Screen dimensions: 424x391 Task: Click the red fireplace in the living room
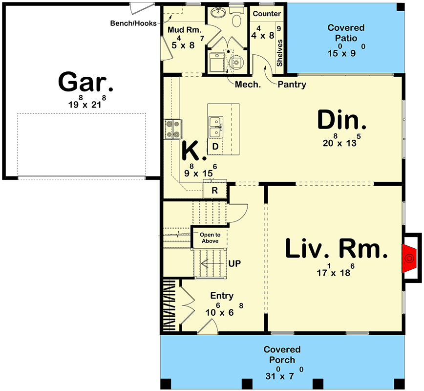tap(408, 258)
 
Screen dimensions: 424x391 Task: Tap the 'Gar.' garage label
tap(85, 82)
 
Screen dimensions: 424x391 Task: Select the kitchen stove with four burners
tap(173, 129)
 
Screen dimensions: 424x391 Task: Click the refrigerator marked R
tap(215, 191)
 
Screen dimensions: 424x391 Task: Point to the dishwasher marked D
tap(215, 147)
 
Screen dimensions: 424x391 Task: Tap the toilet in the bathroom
tap(237, 21)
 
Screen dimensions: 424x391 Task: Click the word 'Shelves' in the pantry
tap(279, 53)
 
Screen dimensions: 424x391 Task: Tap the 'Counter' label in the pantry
tap(267, 14)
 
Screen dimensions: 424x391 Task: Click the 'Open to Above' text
tap(210, 238)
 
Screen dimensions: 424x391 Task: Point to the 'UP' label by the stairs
tap(234, 263)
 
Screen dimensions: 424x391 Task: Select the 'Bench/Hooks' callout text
tap(133, 23)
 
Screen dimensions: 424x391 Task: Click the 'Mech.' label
tap(248, 85)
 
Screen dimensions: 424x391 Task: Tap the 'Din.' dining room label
tap(341, 120)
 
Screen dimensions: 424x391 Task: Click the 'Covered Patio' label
tap(346, 33)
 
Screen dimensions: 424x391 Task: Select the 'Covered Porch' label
tap(282, 354)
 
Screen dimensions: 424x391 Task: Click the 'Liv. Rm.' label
tap(337, 248)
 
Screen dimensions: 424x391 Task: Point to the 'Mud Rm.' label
tap(184, 30)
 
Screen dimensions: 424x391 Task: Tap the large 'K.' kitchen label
tap(193, 151)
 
